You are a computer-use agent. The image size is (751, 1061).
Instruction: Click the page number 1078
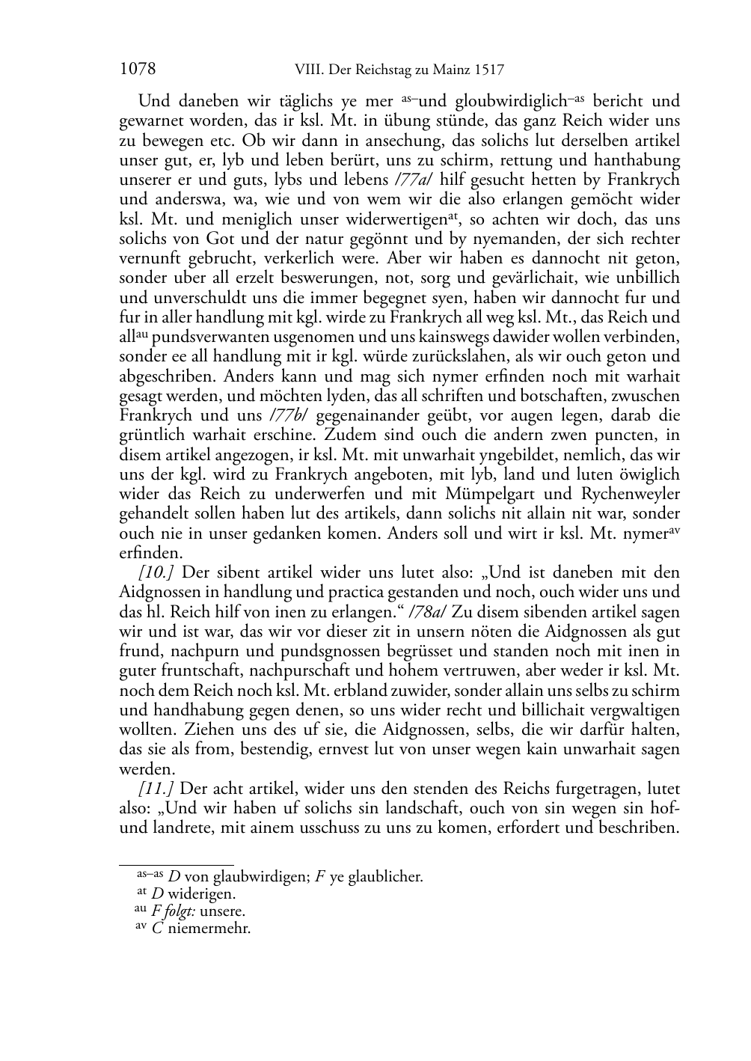tap(138, 70)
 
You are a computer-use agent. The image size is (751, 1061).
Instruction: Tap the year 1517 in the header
tap(488, 71)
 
